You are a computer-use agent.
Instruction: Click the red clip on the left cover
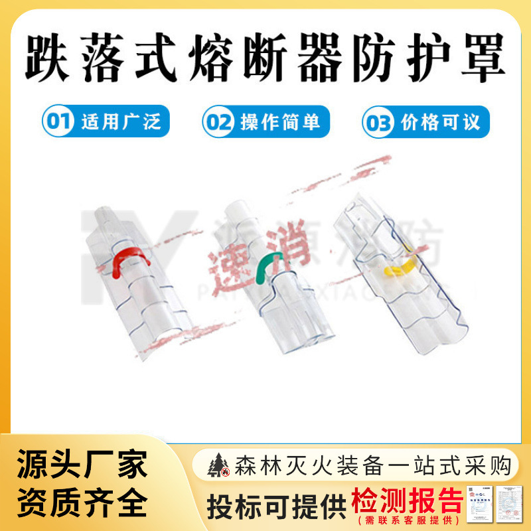click(129, 259)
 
